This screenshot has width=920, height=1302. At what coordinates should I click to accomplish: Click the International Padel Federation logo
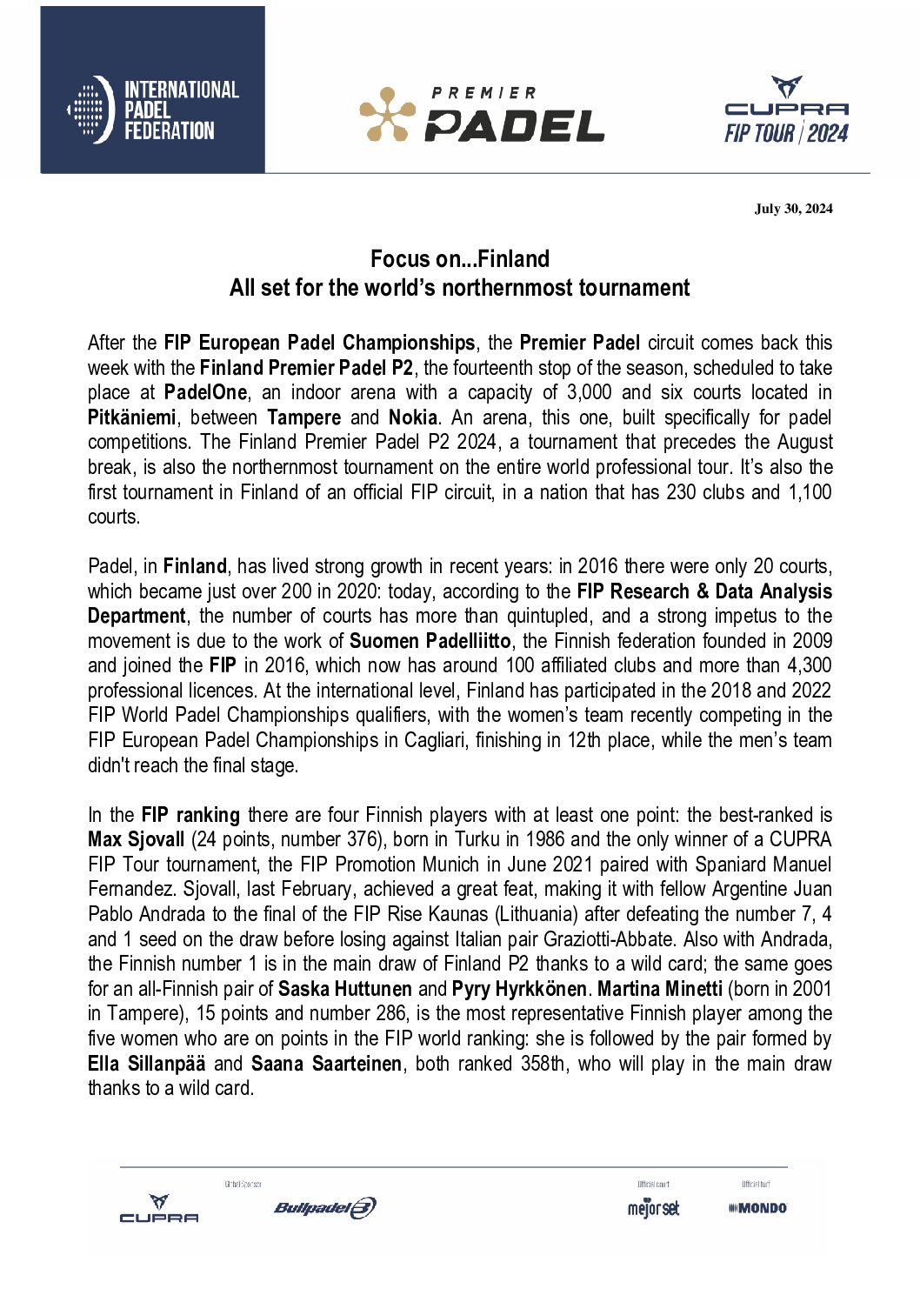coord(153,110)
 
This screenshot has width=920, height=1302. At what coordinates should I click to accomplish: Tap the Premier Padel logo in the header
coord(482,114)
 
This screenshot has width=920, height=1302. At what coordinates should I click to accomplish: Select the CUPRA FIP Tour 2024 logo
coord(786,110)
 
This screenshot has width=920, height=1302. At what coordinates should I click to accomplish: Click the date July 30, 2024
coord(793,208)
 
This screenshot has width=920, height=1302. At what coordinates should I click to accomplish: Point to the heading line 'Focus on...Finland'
coord(459,259)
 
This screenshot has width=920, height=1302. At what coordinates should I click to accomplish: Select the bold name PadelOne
coord(205,392)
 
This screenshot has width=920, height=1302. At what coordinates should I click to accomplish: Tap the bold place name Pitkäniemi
coord(131,417)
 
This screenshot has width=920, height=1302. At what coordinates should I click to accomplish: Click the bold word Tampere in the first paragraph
coord(303,417)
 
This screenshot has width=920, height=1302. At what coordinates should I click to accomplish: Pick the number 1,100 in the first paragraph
coord(810,492)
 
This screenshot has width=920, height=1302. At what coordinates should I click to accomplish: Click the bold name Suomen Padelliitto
coord(430,641)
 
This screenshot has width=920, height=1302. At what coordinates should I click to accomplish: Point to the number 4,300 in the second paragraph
coord(808,665)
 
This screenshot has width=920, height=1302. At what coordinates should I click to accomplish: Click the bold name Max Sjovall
coord(137,839)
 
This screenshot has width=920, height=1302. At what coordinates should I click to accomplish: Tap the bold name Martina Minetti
coord(660,989)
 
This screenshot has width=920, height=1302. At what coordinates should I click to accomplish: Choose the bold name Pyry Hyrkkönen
coord(519,989)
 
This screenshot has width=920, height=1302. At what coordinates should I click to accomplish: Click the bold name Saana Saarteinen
coord(327,1064)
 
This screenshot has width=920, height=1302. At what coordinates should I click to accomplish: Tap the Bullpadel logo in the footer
coord(325,1207)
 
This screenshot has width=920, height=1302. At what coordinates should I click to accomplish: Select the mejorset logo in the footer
coord(653,1208)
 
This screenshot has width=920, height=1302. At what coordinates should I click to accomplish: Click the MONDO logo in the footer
coord(758,1208)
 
